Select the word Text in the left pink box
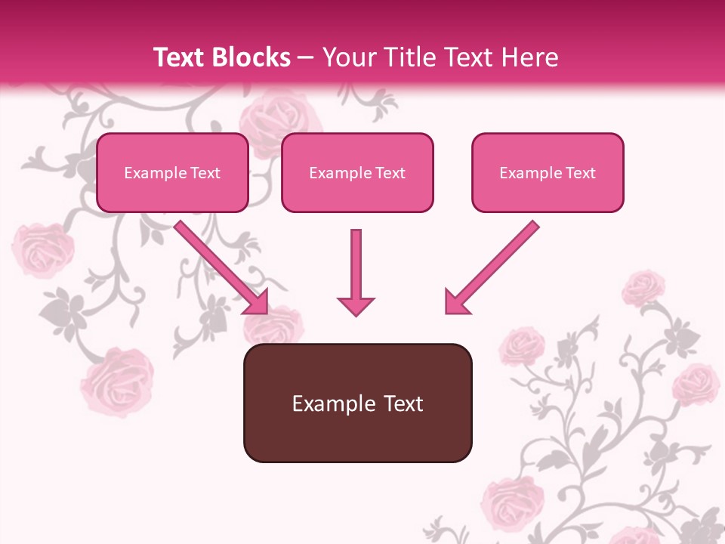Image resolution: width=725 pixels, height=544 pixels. (x=205, y=173)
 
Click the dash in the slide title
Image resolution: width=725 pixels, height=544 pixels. (x=306, y=58)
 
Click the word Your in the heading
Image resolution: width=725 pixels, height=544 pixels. (x=348, y=57)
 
